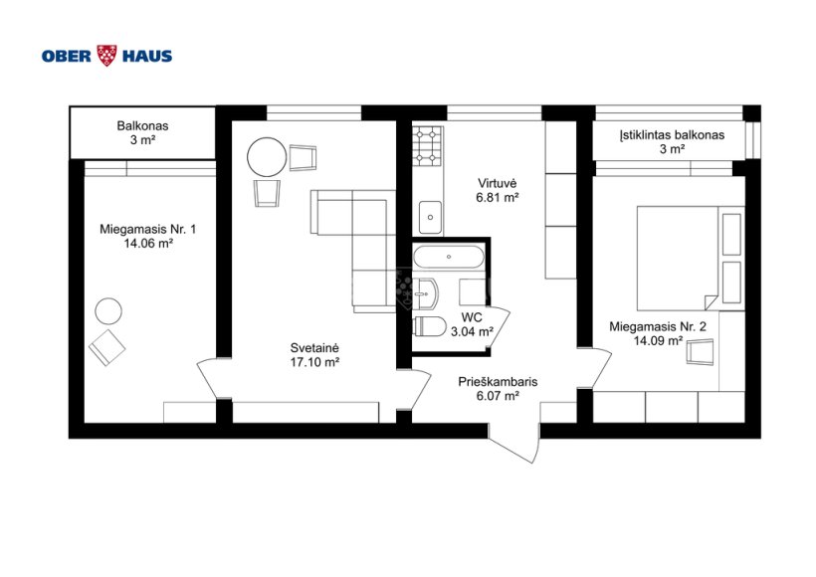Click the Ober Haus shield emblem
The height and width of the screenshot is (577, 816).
tap(107, 55)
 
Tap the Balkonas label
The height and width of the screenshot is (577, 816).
tap(142, 126)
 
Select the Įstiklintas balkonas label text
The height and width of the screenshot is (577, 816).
tap(672, 135)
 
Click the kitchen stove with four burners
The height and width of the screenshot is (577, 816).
tap(428, 146)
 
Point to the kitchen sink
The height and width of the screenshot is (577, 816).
tap(431, 218)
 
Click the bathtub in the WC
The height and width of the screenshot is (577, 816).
tap(449, 257)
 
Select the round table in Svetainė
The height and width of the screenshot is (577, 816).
tap(267, 157)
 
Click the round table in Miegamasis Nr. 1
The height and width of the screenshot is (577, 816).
tap(108, 311)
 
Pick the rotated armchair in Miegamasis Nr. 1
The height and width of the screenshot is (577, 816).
tap(107, 347)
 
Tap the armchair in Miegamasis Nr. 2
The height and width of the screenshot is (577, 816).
tap(700, 352)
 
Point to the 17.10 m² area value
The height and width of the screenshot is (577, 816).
tap(314, 362)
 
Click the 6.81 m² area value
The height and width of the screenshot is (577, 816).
tap(498, 198)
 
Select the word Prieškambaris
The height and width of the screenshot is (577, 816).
tap(498, 382)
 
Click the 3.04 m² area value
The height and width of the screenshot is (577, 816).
tap(472, 331)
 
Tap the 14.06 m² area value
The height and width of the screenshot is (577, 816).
tap(148, 243)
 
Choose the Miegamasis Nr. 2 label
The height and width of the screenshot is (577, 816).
tap(658, 327)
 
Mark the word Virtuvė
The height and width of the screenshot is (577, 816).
tap(498, 184)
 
